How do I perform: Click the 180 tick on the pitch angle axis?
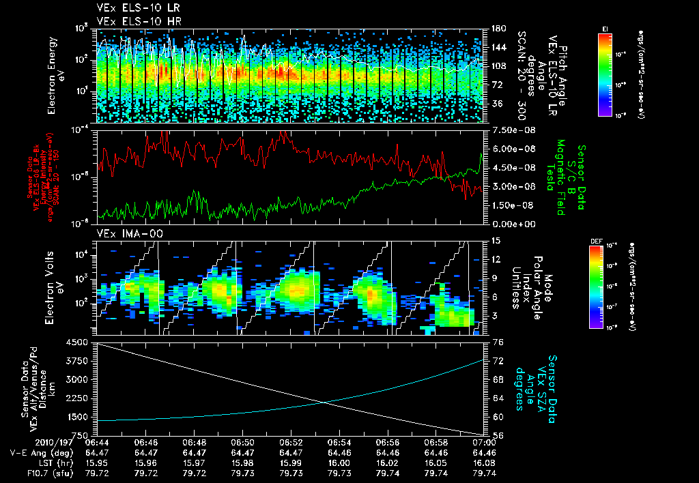(498, 29)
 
